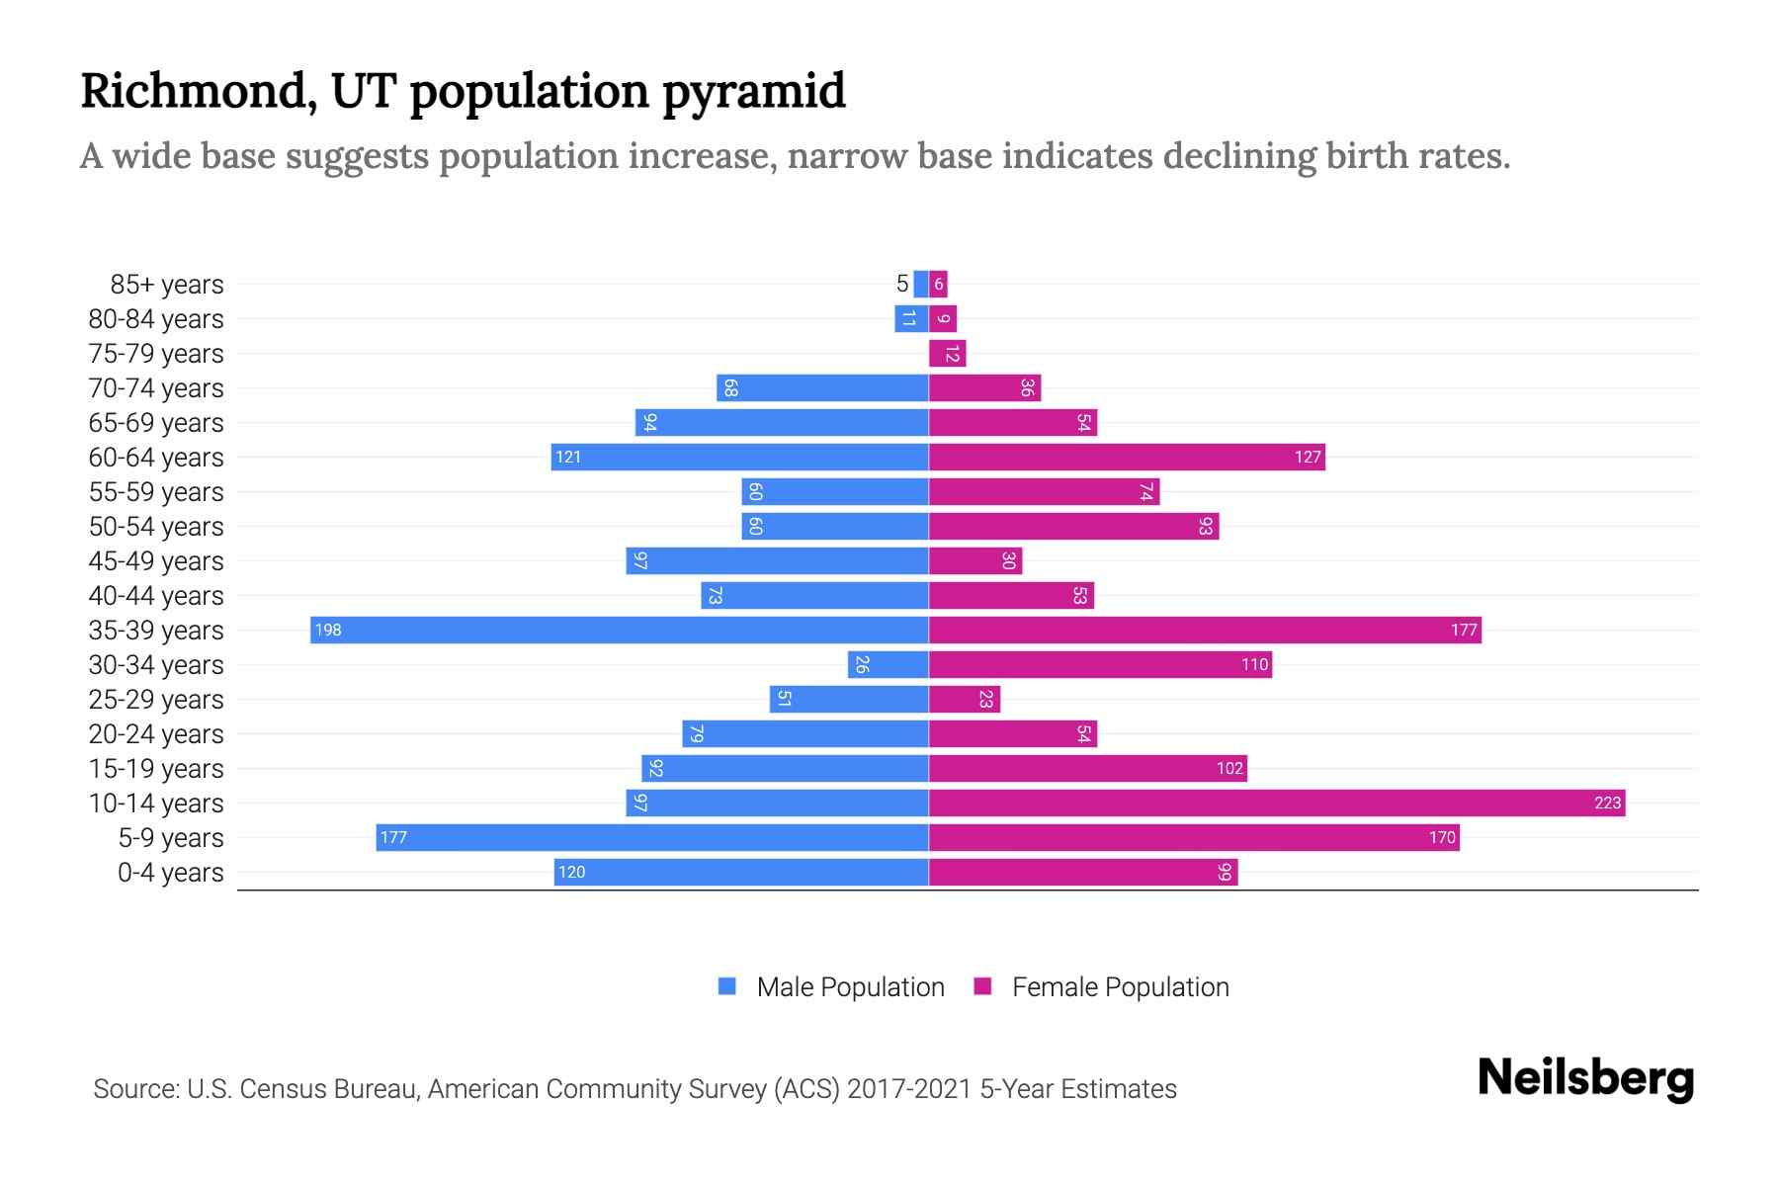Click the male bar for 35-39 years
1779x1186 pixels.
620,631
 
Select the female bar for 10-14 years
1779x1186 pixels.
1277,804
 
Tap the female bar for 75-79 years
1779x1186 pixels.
947,354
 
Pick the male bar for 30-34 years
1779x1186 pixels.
888,665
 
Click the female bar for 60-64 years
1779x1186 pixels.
1127,458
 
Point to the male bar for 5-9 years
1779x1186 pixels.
652,838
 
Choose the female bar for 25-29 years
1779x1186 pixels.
965,700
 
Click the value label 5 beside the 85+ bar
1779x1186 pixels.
901,285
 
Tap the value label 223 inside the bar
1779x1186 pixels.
1607,804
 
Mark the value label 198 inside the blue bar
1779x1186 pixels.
328,631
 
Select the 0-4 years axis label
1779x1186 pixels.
170,873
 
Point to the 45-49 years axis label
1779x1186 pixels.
156,561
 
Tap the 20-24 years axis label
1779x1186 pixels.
156,734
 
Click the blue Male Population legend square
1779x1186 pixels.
727,986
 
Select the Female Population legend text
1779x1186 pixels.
1120,987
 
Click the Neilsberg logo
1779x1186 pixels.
1585,1078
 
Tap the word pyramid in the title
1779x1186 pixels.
754,92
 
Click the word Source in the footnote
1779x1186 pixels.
134,1089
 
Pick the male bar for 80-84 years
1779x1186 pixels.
911,319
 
